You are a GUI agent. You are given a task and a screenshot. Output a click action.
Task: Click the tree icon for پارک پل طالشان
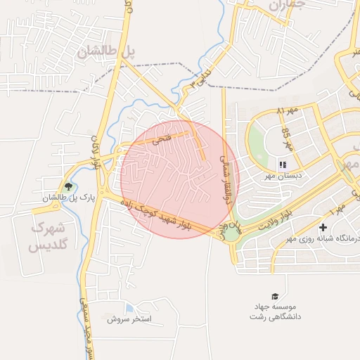click(x=68, y=186)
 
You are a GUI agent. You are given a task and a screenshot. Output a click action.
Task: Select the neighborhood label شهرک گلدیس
click(x=48, y=237)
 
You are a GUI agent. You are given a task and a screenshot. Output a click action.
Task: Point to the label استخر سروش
click(x=129, y=319)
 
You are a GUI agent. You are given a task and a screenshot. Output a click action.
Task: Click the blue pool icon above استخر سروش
click(x=129, y=308)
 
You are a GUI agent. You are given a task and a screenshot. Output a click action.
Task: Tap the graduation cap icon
click(x=274, y=297)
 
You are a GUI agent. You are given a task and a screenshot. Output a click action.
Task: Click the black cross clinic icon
click(x=323, y=227)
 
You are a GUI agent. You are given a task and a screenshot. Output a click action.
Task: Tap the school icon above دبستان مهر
click(x=283, y=165)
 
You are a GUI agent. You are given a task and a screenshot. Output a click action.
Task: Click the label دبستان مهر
click(x=283, y=176)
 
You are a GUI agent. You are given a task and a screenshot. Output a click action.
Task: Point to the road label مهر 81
click(x=288, y=111)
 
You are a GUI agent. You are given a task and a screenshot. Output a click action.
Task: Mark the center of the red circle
click(x=180, y=179)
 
